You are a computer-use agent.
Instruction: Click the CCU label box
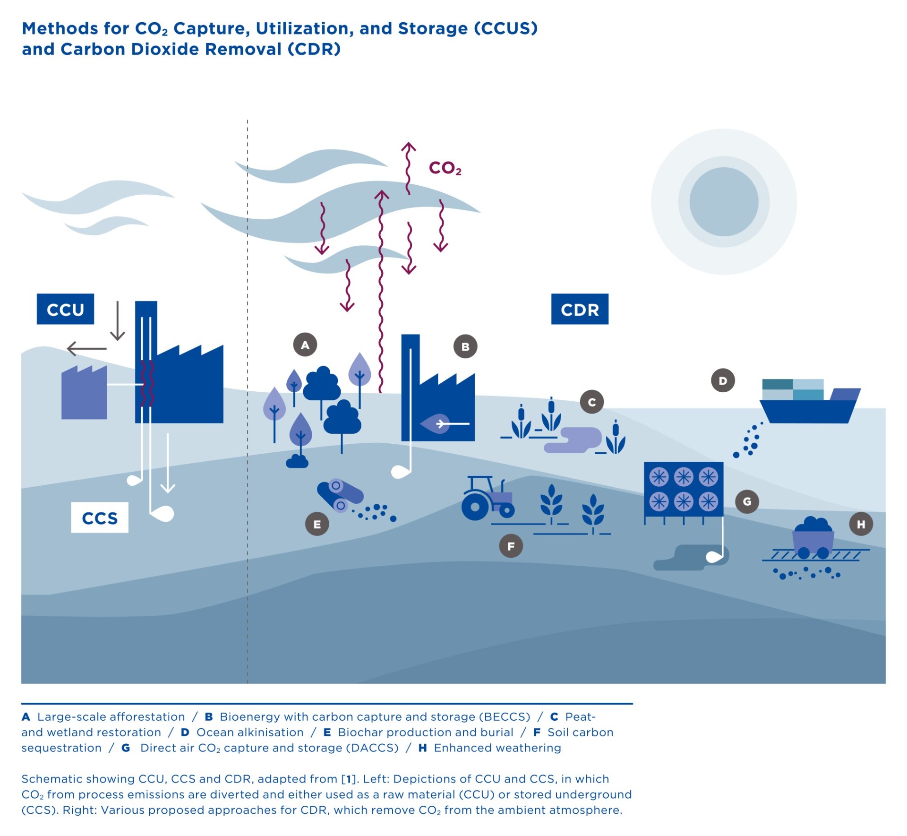coord(65,309)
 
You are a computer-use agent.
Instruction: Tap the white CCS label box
coord(100,517)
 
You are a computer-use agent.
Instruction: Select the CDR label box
coord(580,309)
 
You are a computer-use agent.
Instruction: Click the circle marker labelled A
coord(305,345)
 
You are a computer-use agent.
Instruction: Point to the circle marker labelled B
coord(465,346)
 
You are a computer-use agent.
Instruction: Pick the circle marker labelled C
coord(592,402)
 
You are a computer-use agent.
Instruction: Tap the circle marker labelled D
coord(723,380)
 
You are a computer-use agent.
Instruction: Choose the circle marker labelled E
coord(317,524)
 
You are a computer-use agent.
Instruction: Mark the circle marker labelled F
coord(511,546)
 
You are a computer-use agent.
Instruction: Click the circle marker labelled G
coord(747,501)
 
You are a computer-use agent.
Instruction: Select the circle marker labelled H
coord(861,524)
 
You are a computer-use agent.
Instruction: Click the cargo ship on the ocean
coord(810,401)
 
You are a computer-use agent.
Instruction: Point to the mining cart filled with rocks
coord(813,538)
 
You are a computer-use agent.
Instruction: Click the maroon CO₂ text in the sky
coord(445,168)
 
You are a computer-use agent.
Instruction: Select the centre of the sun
coord(724,202)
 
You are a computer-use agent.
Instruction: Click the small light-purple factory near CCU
coord(84,392)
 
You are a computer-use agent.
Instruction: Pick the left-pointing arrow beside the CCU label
coord(87,349)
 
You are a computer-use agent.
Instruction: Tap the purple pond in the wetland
coord(573,440)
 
